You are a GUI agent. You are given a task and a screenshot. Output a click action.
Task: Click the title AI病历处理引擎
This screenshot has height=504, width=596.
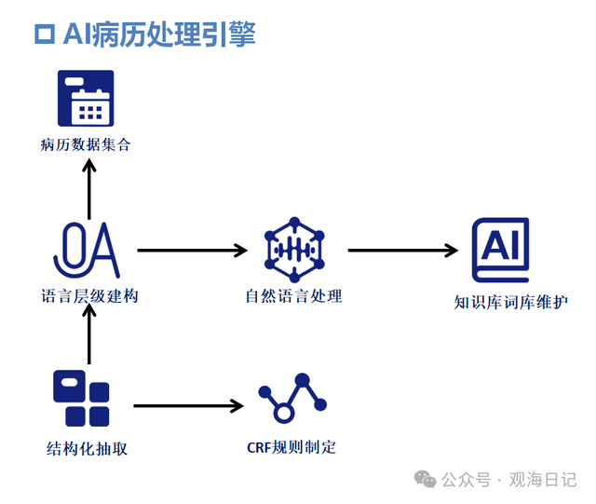(159, 34)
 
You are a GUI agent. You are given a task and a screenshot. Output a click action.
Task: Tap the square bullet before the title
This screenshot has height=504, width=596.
(45, 34)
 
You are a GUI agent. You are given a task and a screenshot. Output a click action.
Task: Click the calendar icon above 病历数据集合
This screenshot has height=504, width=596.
(86, 98)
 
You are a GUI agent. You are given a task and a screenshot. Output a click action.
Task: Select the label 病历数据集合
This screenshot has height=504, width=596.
(86, 145)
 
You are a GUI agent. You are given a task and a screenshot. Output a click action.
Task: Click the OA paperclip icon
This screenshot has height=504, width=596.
(87, 250)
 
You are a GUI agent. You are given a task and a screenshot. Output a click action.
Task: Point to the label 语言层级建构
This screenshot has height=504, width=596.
(89, 296)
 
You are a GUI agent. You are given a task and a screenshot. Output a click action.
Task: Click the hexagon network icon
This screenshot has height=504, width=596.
(294, 250)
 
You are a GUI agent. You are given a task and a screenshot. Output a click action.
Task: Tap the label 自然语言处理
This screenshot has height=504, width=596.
(294, 296)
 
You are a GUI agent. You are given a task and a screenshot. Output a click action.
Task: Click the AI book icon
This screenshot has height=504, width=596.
(500, 250)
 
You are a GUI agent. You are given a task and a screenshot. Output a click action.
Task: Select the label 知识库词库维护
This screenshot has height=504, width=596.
(511, 303)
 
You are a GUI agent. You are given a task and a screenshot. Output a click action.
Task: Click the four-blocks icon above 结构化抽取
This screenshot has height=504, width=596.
(81, 398)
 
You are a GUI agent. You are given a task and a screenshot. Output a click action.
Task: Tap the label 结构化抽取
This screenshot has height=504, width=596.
(87, 449)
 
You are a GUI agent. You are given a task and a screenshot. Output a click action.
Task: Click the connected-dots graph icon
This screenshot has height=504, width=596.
(292, 398)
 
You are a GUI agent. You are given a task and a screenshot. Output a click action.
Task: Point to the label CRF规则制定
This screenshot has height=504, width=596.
(291, 448)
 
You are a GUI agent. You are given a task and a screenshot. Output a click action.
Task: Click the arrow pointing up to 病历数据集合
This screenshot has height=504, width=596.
(89, 189)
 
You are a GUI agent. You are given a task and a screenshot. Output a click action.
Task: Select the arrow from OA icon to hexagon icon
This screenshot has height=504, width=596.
(193, 251)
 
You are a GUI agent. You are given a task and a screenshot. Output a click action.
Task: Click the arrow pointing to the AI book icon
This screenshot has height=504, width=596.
(403, 251)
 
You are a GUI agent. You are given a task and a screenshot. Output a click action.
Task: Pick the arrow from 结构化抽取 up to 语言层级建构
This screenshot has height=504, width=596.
(89, 334)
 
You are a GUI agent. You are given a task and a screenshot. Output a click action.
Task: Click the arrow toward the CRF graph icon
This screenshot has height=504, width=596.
(188, 406)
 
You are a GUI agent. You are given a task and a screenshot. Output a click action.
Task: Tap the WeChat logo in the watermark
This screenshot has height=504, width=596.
(425, 479)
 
